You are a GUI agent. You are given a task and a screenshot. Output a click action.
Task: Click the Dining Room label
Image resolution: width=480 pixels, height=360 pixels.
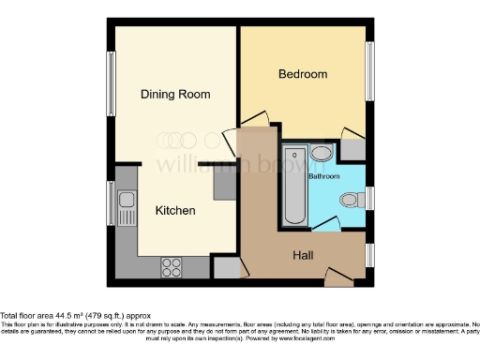(174, 95)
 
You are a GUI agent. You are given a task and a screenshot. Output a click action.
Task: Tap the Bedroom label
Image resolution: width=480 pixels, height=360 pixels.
(303, 74)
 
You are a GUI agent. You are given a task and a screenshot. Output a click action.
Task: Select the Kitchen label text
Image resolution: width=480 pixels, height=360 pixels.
(175, 211)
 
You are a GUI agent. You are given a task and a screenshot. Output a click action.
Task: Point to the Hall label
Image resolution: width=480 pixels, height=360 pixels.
(304, 254)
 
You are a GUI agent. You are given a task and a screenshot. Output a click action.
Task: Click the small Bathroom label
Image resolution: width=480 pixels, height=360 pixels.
(324, 175)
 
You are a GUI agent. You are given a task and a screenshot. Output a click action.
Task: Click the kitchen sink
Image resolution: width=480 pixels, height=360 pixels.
(126, 198)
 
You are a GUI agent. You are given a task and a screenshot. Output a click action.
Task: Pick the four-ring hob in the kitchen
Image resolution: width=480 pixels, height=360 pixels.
(172, 267)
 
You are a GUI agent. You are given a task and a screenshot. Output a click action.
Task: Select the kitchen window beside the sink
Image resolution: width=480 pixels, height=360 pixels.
(111, 200)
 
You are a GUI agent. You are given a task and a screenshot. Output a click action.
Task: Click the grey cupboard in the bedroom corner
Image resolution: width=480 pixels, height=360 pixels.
(353, 147)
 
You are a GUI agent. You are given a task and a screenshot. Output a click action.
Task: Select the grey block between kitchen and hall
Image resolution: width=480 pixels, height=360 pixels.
(224, 186)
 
